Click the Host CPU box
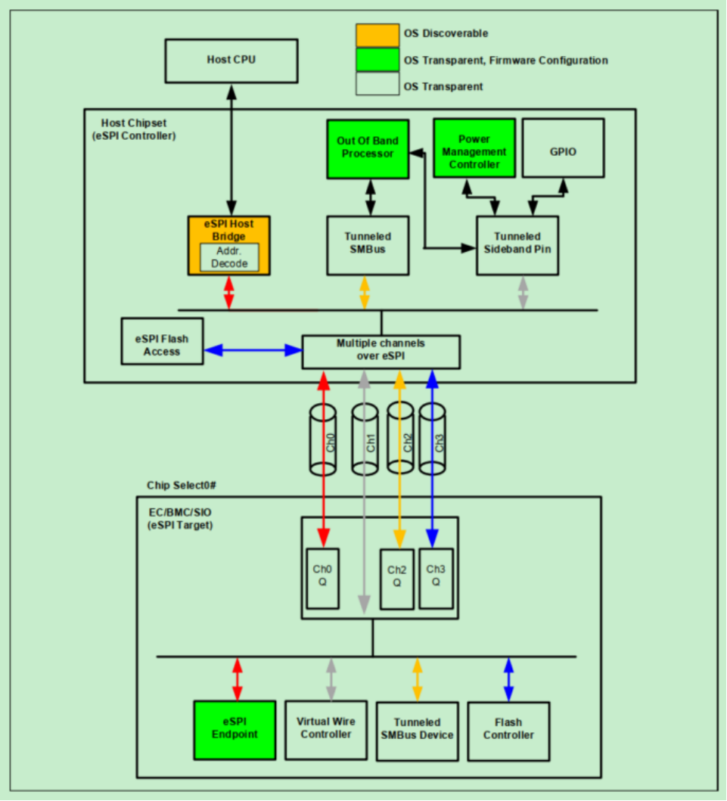pyautogui.click(x=231, y=61)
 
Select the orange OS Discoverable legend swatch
pyautogui.click(x=377, y=34)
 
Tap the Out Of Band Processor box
pyautogui.click(x=368, y=148)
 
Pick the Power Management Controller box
pyautogui.click(x=474, y=147)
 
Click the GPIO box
pyautogui.click(x=564, y=147)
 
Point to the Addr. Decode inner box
pyautogui.click(x=228, y=257)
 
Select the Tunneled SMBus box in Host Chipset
pyautogui.click(x=368, y=245)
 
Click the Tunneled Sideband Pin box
pyautogui.click(x=517, y=245)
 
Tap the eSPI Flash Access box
pyautogui.click(x=162, y=341)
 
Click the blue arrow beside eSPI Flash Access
pyautogui.click(x=253, y=350)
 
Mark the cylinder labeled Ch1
pyautogui.click(x=365, y=439)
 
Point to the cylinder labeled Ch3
pyautogui.click(x=433, y=439)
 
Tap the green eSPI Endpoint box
pyautogui.click(x=235, y=730)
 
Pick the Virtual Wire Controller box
pyautogui.click(x=326, y=730)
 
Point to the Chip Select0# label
pyautogui.click(x=182, y=484)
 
